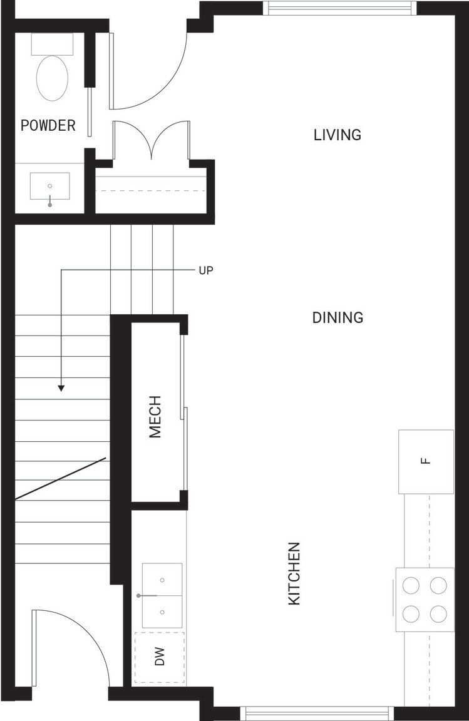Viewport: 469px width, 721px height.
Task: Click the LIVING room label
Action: (338, 135)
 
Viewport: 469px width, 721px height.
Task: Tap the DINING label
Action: (338, 317)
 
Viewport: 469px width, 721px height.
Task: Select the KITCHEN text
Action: (294, 573)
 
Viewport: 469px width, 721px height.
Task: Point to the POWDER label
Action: (48, 125)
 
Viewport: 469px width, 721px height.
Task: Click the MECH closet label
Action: (155, 417)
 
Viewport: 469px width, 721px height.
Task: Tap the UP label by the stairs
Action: (206, 270)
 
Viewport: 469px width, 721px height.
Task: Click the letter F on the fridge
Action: (426, 461)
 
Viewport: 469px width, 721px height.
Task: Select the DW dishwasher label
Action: (159, 657)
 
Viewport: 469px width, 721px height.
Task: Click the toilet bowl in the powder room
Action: (52, 78)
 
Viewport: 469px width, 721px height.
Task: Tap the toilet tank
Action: (52, 44)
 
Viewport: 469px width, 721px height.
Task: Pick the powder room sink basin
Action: (49, 187)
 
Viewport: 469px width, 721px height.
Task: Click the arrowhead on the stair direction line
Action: (61, 388)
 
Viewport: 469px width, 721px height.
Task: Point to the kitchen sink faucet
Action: (147, 595)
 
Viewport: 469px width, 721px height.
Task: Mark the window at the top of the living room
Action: (339, 8)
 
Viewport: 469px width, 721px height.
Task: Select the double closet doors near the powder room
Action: (152, 140)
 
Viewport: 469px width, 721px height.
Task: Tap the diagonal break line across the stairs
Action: (60, 478)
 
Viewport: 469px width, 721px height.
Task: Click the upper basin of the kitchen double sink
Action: (162, 580)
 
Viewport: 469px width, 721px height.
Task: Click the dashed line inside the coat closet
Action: (150, 190)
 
